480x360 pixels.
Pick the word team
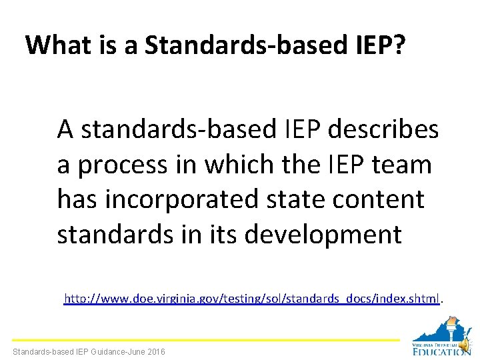(401, 164)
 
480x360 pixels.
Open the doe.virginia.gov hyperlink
(251, 299)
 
